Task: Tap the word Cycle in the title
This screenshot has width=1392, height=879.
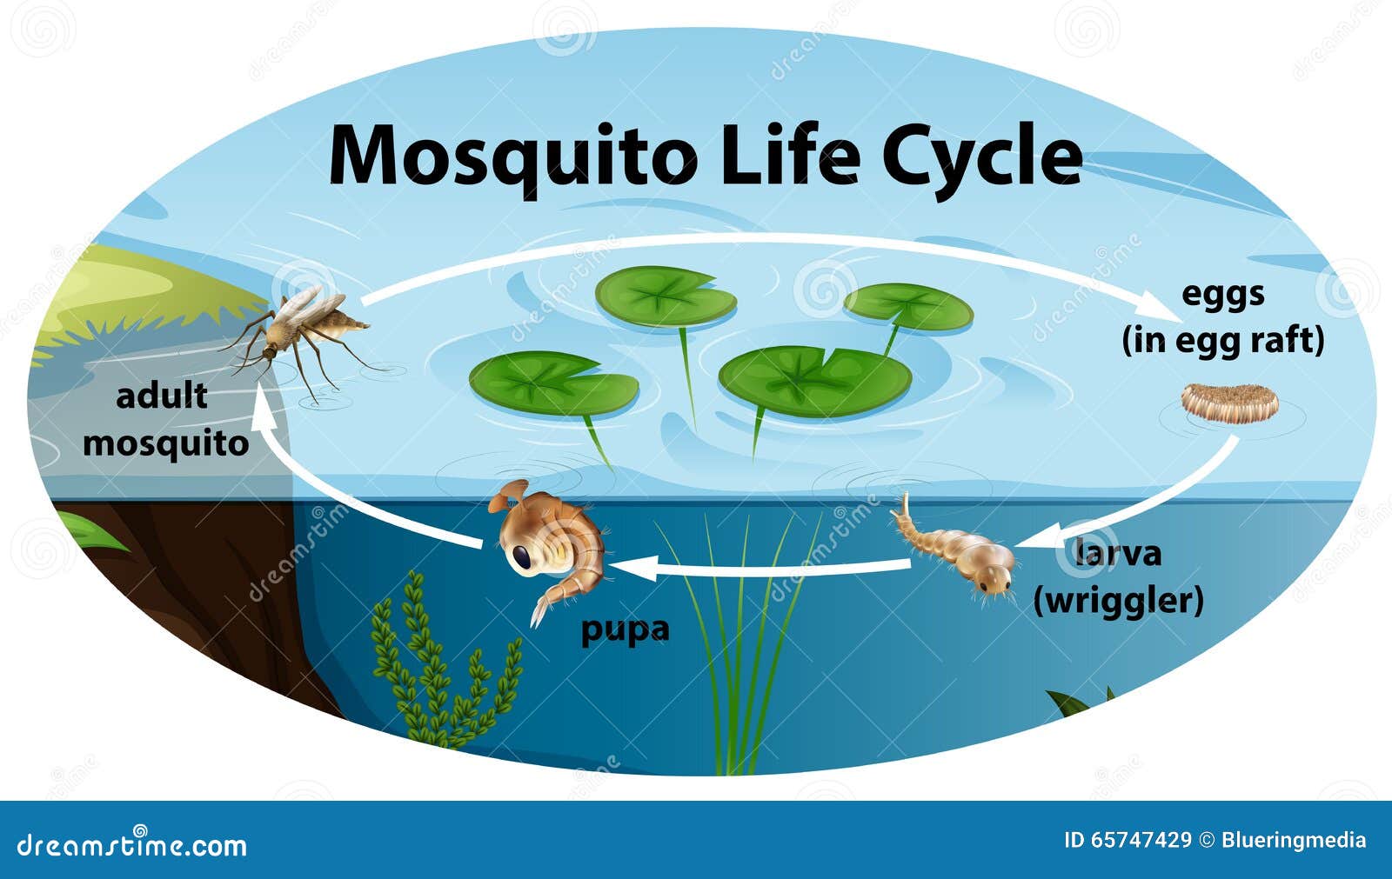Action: click(982, 160)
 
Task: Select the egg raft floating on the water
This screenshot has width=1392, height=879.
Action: click(1230, 403)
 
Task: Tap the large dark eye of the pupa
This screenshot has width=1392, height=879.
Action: click(522, 556)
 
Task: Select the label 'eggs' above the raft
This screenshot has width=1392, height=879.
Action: click(1223, 295)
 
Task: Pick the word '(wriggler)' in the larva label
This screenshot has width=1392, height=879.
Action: click(1119, 601)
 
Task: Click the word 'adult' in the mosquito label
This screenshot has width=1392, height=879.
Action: click(162, 396)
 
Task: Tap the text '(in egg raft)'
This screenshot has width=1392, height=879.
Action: click(1223, 341)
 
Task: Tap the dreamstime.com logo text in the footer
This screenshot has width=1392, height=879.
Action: click(131, 844)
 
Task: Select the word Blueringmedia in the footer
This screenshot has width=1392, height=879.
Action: click(1294, 841)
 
